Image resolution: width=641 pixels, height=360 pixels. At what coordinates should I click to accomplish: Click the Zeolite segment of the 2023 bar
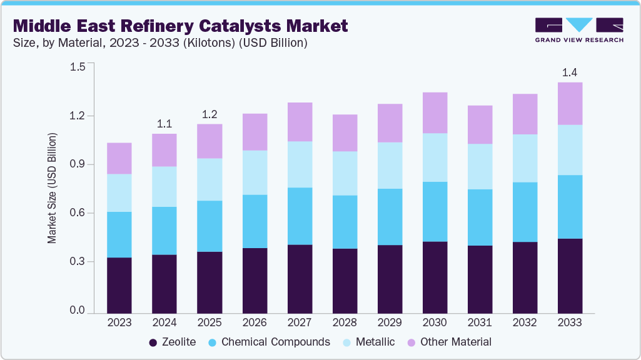click(119, 285)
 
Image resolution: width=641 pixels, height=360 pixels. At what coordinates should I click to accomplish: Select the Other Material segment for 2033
click(570, 104)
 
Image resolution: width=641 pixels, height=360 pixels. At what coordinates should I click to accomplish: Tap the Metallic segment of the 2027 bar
click(300, 164)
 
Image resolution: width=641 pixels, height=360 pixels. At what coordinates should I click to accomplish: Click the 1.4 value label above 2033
click(570, 72)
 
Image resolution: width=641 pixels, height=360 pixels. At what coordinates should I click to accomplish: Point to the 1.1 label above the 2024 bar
click(164, 123)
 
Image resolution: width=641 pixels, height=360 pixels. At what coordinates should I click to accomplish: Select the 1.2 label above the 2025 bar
click(209, 114)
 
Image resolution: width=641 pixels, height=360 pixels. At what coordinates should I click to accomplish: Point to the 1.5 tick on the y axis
click(77, 67)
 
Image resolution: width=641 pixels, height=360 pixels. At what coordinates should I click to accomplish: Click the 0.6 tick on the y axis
click(77, 213)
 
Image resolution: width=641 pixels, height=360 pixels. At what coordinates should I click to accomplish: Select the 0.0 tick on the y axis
click(77, 311)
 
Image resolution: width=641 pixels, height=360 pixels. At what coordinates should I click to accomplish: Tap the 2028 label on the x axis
click(345, 323)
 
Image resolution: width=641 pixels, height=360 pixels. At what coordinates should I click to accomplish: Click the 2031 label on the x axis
click(480, 323)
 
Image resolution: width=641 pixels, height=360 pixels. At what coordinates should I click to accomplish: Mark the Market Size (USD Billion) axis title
click(53, 188)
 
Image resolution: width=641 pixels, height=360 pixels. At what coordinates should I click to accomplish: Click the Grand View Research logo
click(578, 30)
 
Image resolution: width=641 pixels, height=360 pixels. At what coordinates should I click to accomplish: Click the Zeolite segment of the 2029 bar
click(390, 279)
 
